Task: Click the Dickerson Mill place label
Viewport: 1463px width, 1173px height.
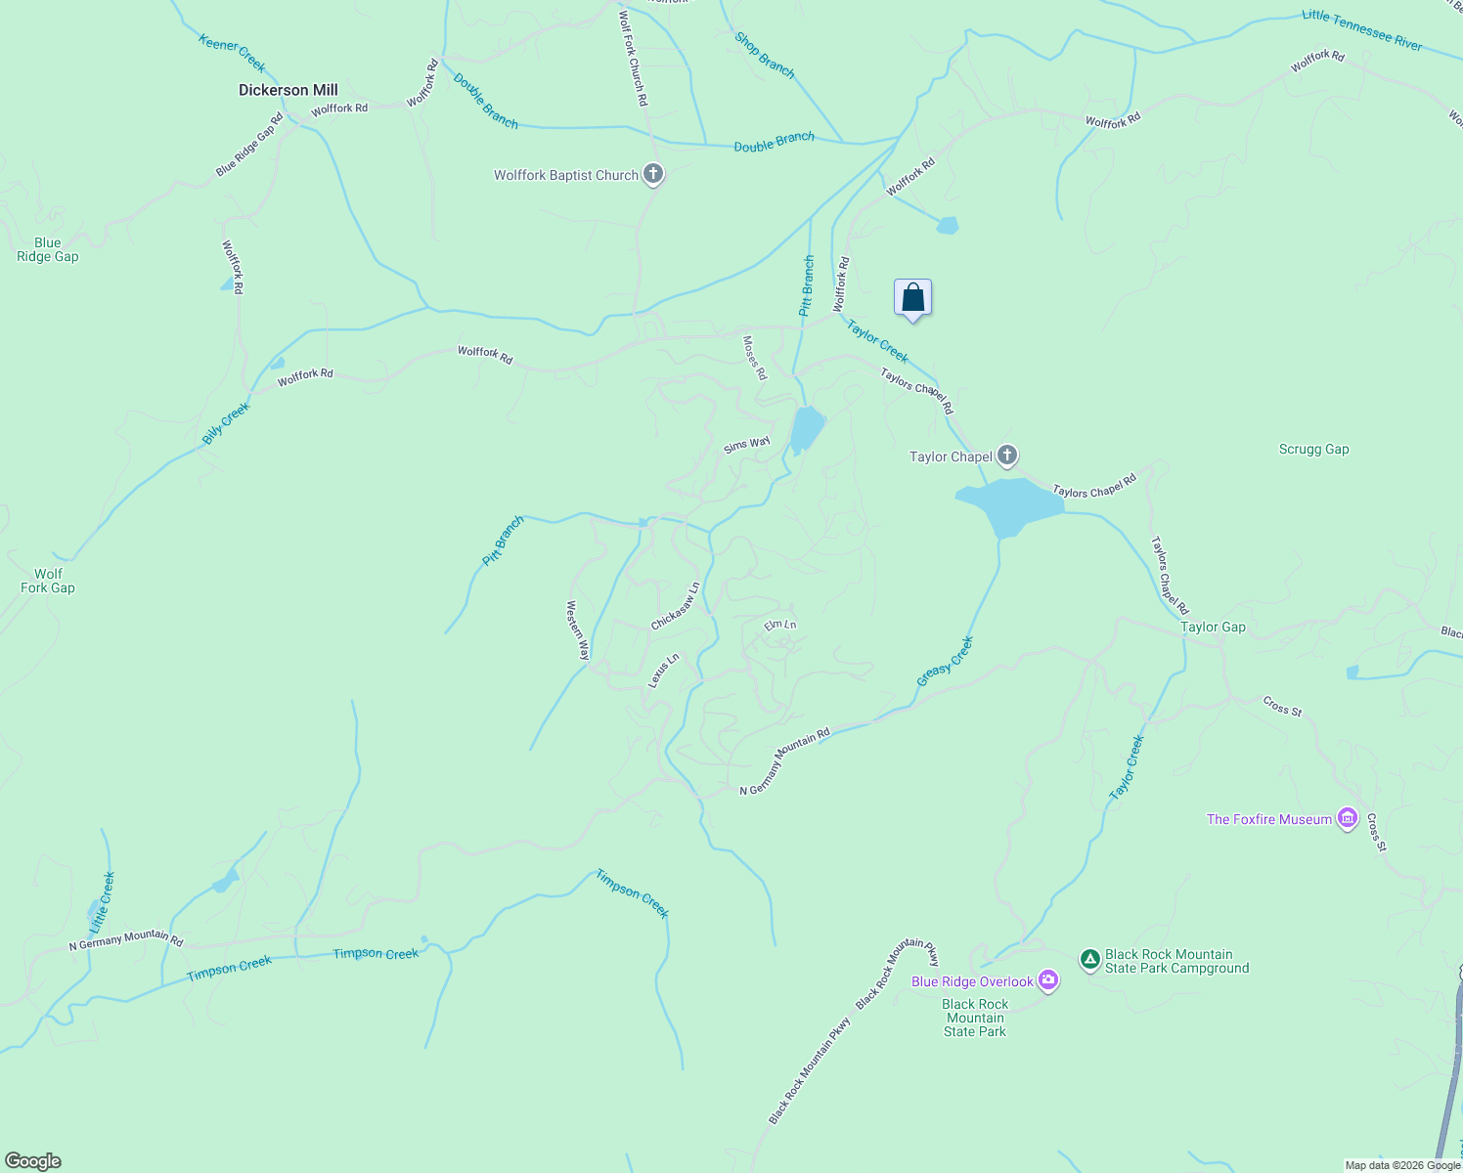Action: click(x=288, y=90)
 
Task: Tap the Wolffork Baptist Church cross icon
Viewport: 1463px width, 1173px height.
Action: click(x=653, y=175)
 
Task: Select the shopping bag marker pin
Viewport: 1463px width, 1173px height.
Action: click(x=912, y=297)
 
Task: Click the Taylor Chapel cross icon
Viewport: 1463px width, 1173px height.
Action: click(x=1007, y=456)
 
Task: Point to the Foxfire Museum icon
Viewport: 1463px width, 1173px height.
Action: click(x=1348, y=819)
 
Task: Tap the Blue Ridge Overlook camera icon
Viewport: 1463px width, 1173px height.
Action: click(x=1048, y=980)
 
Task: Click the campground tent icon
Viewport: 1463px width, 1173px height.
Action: click(x=1090, y=960)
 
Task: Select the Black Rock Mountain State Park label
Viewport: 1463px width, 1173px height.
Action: click(x=975, y=1018)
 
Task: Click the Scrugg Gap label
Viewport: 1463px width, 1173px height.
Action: click(x=1313, y=450)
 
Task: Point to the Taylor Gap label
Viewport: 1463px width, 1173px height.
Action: click(x=1213, y=628)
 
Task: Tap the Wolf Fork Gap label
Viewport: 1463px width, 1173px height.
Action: click(x=48, y=581)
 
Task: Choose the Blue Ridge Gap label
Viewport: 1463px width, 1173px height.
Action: click(x=48, y=249)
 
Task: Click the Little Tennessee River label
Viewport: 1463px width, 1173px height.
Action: click(x=1361, y=29)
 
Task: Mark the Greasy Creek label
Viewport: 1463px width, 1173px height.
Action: click(x=945, y=661)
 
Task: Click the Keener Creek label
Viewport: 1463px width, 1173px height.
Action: click(x=232, y=53)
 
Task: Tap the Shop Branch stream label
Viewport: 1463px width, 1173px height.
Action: click(x=765, y=55)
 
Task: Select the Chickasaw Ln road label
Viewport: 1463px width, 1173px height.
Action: click(x=676, y=607)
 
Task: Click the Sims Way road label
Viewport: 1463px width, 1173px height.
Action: click(x=747, y=445)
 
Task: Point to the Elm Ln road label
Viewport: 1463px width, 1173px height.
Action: click(x=780, y=625)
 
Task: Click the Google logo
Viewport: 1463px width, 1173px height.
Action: click(x=32, y=1161)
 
